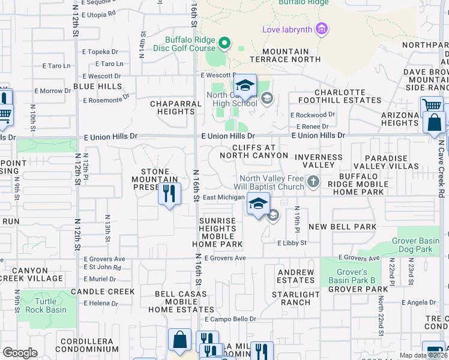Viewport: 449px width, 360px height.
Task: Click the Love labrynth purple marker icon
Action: point(322,28)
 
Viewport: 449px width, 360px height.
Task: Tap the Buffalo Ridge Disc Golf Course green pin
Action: point(224,43)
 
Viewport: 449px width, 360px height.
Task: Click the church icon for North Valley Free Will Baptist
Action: point(313,181)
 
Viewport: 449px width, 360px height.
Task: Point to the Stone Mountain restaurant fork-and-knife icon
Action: point(169,194)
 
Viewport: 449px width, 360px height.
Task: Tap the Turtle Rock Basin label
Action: point(46,305)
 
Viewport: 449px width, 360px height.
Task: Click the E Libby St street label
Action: point(292,243)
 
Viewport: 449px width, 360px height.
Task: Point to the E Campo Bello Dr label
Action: point(231,319)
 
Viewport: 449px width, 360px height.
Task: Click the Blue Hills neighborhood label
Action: point(97,86)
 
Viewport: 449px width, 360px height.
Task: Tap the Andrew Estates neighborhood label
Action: point(296,276)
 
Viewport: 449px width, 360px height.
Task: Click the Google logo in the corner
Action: point(20,352)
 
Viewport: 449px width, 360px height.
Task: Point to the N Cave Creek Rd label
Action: point(441,168)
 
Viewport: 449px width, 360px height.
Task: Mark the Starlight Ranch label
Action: point(295,299)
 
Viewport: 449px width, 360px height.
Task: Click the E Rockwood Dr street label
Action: point(312,115)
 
